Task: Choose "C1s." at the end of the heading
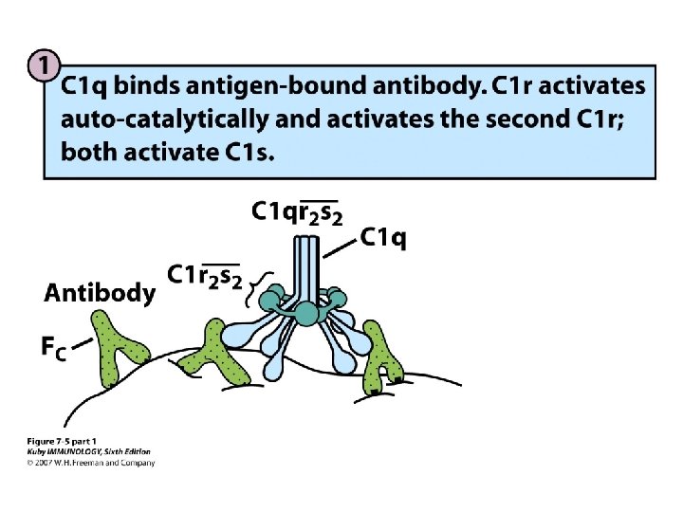point(246,152)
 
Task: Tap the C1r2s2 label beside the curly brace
point(204,276)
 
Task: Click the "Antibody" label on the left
point(99,293)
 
